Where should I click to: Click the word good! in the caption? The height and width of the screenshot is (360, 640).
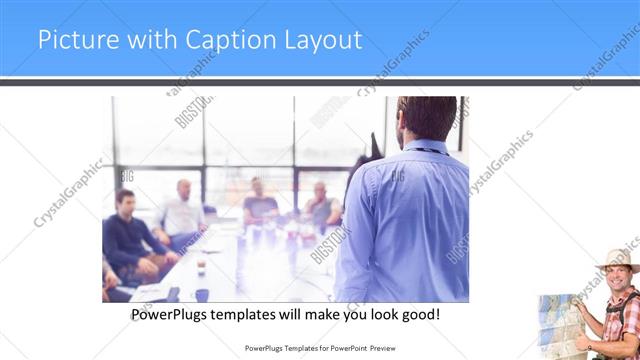pyautogui.click(x=419, y=314)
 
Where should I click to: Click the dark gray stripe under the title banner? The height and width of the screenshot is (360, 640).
pyautogui.click(x=320, y=82)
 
